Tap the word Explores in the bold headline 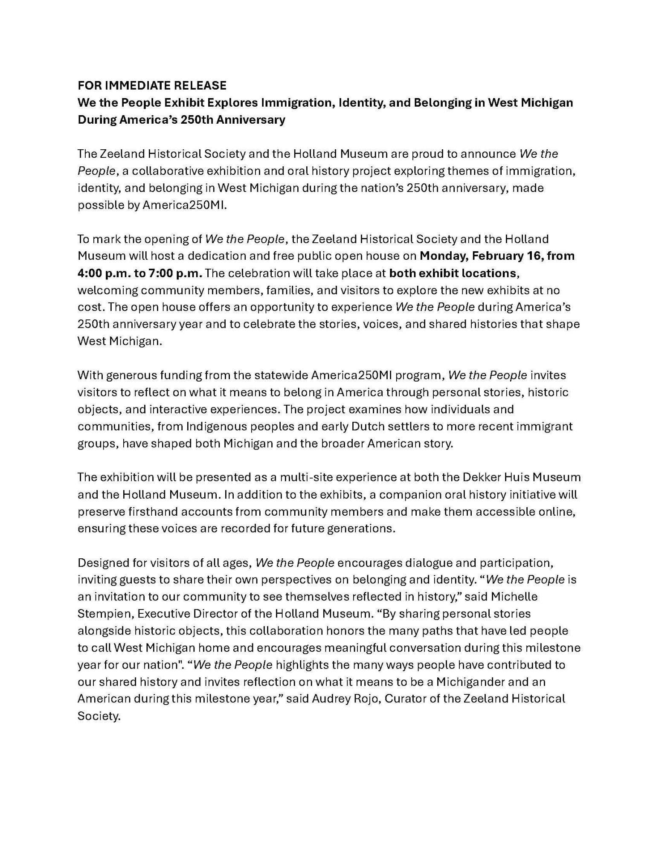(x=233, y=103)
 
